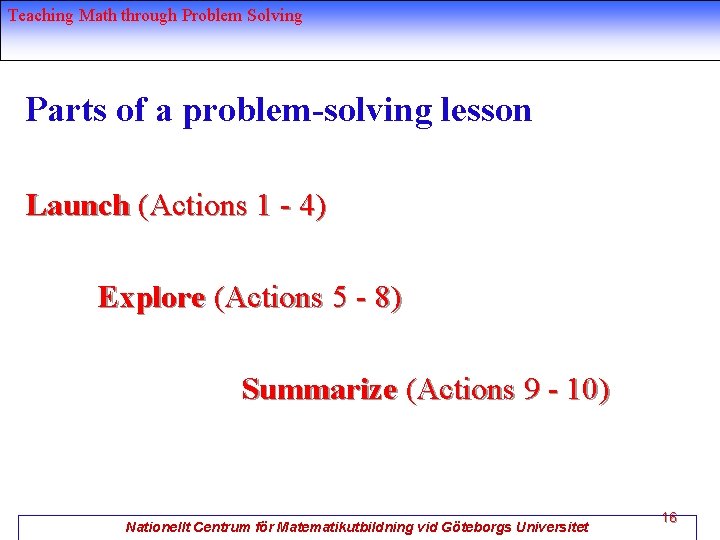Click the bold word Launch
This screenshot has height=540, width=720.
click(x=78, y=206)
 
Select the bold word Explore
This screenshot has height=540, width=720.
click(x=151, y=298)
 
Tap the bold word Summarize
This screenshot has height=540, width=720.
click(x=319, y=389)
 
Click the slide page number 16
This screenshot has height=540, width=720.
click(x=669, y=518)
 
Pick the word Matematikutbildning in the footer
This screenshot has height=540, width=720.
click(x=345, y=527)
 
